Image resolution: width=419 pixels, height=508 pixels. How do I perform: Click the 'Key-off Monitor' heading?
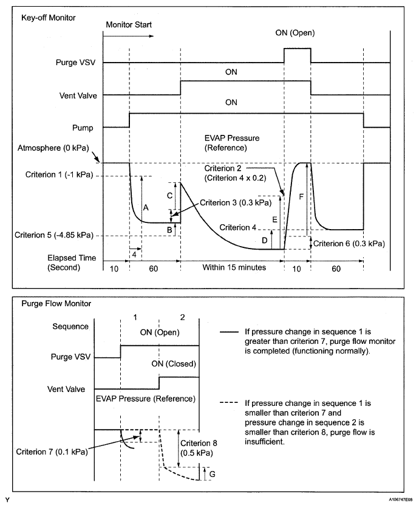49,18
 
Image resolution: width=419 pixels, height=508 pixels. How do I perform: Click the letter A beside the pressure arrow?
146,207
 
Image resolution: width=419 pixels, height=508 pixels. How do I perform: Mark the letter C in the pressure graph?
169,196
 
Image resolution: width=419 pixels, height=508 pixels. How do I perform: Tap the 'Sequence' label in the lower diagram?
71,326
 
